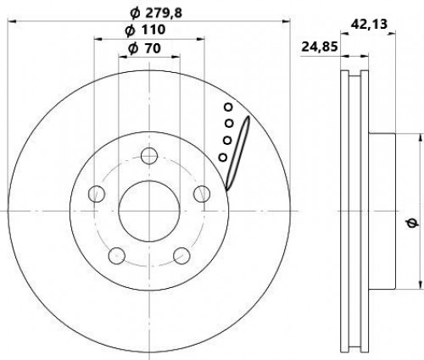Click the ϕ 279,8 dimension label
156,13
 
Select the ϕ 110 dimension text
145,30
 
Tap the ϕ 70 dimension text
144,48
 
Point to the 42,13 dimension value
369,25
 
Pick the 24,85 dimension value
320,47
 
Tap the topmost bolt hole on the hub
149,155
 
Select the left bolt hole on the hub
97,194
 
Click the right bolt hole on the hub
202,194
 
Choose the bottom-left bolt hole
117,256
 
